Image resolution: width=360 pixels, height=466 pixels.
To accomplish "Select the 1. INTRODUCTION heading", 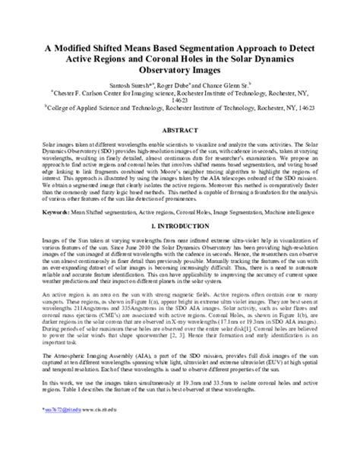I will [180, 227].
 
